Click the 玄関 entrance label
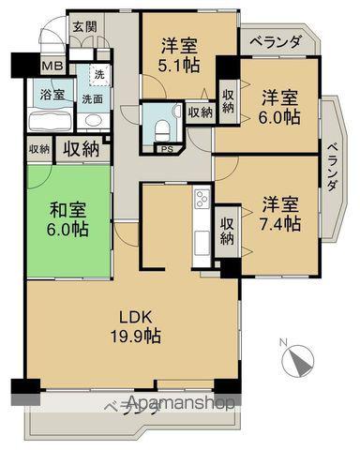point(84,26)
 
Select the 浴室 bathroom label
point(52,95)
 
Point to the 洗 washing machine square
point(97,74)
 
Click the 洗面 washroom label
point(92,97)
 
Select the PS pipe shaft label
point(167,149)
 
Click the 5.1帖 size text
point(178,65)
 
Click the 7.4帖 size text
point(280,224)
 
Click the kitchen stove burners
point(201,199)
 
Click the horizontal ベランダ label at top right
point(271,42)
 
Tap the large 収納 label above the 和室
point(81,147)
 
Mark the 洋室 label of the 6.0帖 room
point(280,97)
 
